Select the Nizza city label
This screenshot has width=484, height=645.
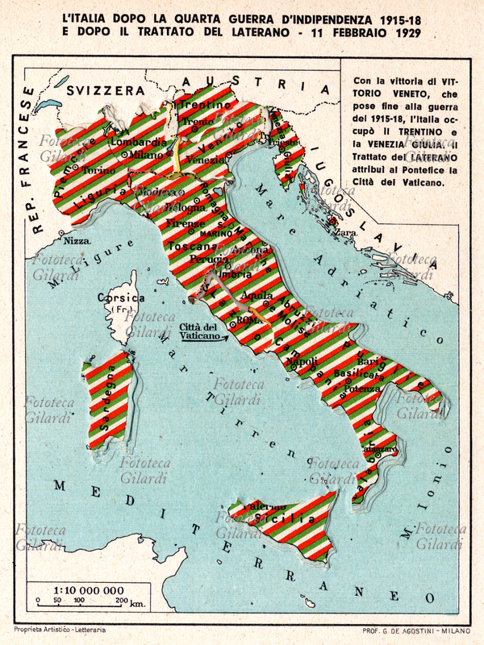77,240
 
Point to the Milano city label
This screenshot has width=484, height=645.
146,155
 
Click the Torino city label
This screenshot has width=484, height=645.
100,171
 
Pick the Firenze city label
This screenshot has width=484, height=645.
186,223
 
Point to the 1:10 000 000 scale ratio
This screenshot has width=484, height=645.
78,590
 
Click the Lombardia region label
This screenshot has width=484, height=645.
143,142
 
